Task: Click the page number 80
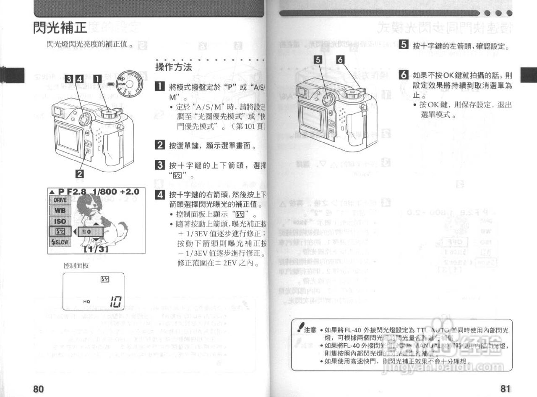[x=39, y=389]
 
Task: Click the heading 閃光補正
[x=60, y=27]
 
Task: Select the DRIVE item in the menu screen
[x=60, y=201]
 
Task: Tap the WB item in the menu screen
[x=60, y=211]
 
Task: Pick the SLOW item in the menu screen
[x=60, y=242]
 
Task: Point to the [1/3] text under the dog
[x=96, y=250]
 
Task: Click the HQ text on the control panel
[x=87, y=301]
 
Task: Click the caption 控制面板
[x=76, y=266]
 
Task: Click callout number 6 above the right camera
[x=340, y=60]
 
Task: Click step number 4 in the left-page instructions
[x=160, y=194]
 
